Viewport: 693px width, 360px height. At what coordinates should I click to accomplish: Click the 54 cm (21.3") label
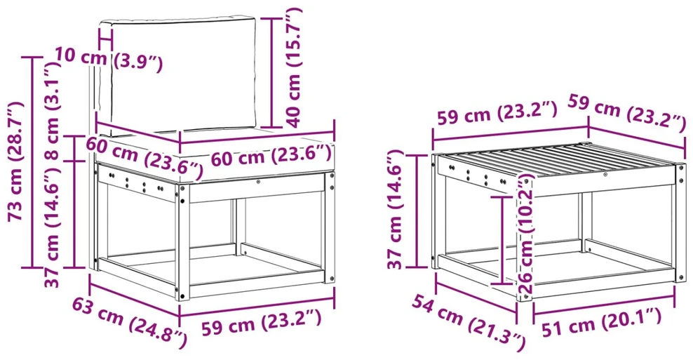tap(469, 321)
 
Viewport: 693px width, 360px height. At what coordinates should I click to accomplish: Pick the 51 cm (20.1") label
tap(602, 321)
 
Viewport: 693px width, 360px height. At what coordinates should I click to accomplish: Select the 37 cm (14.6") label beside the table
tap(396, 210)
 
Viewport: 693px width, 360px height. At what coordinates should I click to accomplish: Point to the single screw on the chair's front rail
tap(259, 181)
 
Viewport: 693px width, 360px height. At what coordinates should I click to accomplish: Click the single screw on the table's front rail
tap(605, 175)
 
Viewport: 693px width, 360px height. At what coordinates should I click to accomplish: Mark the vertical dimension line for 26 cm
tap(502, 239)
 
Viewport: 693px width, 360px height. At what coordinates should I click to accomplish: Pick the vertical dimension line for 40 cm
tap(271, 72)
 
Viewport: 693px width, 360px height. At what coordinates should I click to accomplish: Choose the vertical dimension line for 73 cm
tap(32, 162)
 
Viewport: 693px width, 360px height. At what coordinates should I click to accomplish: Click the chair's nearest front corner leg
tap(183, 242)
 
